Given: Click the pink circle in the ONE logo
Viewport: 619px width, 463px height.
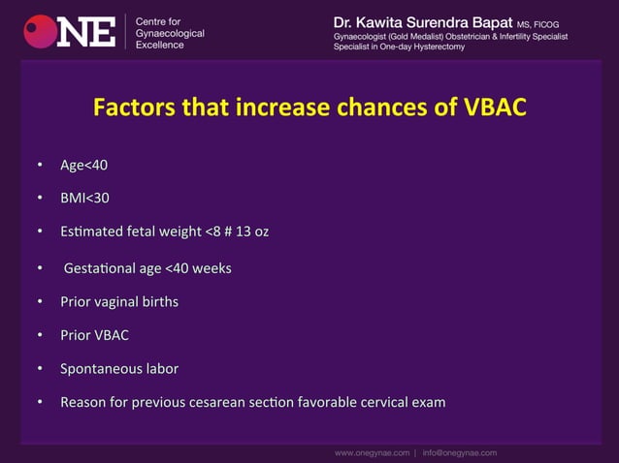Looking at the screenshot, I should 40,31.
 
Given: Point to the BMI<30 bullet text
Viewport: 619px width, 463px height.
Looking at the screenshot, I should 84,199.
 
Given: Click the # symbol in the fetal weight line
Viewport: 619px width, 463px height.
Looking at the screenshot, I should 236,232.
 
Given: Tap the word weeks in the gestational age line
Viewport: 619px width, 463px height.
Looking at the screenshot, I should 211,267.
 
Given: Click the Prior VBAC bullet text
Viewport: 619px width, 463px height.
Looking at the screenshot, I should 94,335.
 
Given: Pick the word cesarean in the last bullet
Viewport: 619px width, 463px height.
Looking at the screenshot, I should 232,402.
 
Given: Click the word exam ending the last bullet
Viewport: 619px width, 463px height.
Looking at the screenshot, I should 427,402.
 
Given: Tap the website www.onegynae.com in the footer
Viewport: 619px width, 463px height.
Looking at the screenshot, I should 372,452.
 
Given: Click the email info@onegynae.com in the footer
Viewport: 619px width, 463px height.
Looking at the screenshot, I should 460,452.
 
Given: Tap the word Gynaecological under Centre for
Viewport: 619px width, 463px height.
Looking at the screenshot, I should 170,33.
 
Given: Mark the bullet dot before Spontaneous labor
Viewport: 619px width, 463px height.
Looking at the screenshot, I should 40,369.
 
